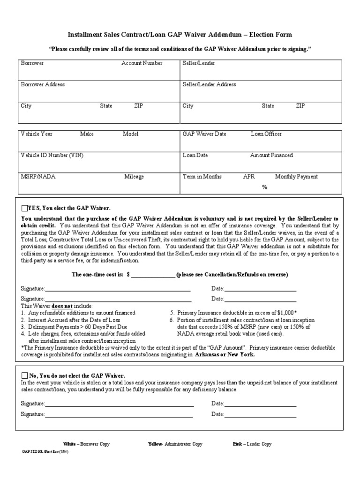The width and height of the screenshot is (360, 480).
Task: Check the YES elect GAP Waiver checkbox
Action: click(x=24, y=208)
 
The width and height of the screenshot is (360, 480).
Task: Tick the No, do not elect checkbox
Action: click(x=24, y=375)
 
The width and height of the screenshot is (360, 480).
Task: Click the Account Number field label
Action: click(x=142, y=63)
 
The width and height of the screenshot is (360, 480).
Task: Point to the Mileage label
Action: click(x=134, y=177)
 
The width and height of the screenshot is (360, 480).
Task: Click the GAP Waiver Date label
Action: click(x=204, y=134)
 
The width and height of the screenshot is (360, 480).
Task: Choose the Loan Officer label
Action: click(x=266, y=134)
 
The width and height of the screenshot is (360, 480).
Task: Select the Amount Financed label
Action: click(x=271, y=155)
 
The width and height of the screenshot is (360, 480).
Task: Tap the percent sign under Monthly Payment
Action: click(x=265, y=187)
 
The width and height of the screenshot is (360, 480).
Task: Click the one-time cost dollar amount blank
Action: click(x=153, y=275)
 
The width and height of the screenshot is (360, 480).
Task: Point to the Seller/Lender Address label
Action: click(x=209, y=84)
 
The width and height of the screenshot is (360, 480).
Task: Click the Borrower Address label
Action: click(x=43, y=84)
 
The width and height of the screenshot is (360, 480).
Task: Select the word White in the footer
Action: click(x=69, y=444)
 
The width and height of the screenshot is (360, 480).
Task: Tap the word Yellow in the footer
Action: click(x=155, y=444)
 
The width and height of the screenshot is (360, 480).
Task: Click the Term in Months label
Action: click(x=202, y=177)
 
